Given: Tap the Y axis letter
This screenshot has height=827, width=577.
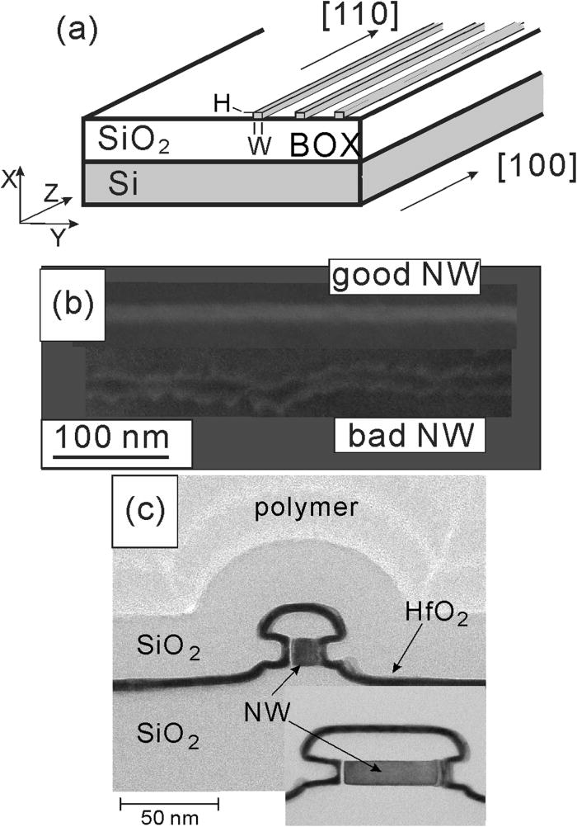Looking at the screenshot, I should click(57, 239).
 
